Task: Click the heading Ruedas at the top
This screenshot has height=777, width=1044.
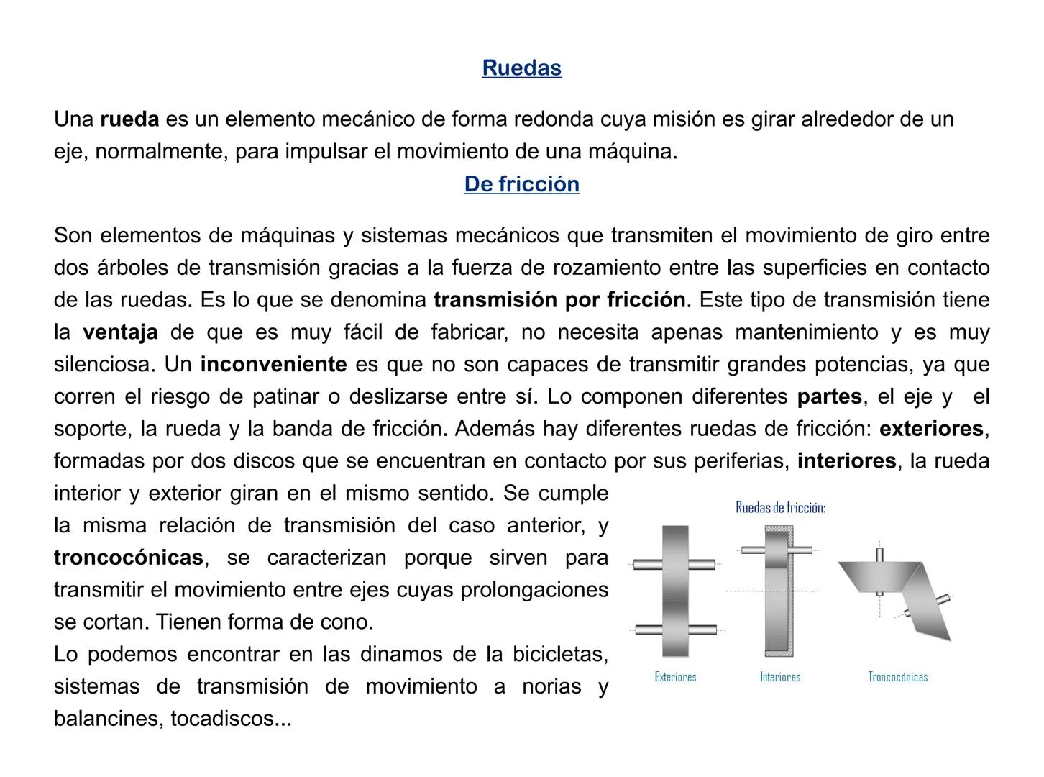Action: click(x=521, y=68)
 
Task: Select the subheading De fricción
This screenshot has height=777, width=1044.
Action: click(x=521, y=184)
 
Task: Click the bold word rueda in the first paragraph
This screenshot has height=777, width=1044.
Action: click(x=129, y=119)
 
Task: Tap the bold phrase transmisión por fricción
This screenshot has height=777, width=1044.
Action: click(x=559, y=300)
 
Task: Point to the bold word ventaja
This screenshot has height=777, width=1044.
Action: click(x=120, y=332)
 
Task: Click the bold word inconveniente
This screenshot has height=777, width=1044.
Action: click(x=273, y=365)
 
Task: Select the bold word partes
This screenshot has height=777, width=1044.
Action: click(x=829, y=397)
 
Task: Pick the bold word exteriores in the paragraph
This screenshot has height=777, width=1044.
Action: click(x=931, y=430)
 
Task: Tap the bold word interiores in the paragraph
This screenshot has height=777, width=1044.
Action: click(x=846, y=461)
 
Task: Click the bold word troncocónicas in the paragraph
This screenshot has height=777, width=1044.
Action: click(x=128, y=558)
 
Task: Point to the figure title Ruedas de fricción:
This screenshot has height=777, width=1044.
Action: click(x=780, y=508)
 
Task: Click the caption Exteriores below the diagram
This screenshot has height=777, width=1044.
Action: click(x=675, y=677)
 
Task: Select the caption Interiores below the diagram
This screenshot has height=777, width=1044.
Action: click(x=780, y=677)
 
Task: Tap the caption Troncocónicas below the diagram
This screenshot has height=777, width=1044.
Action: click(x=897, y=677)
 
